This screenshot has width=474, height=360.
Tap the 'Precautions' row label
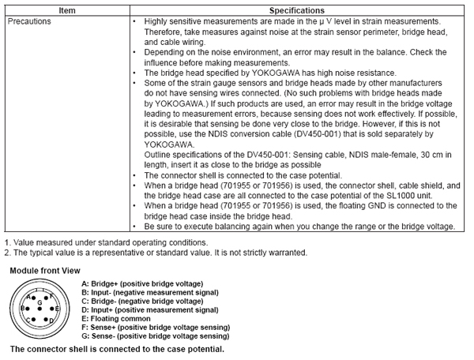coord(29,21)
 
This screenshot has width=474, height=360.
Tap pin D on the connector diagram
coord(47,319)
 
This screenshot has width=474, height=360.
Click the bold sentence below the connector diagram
coord(117,348)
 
